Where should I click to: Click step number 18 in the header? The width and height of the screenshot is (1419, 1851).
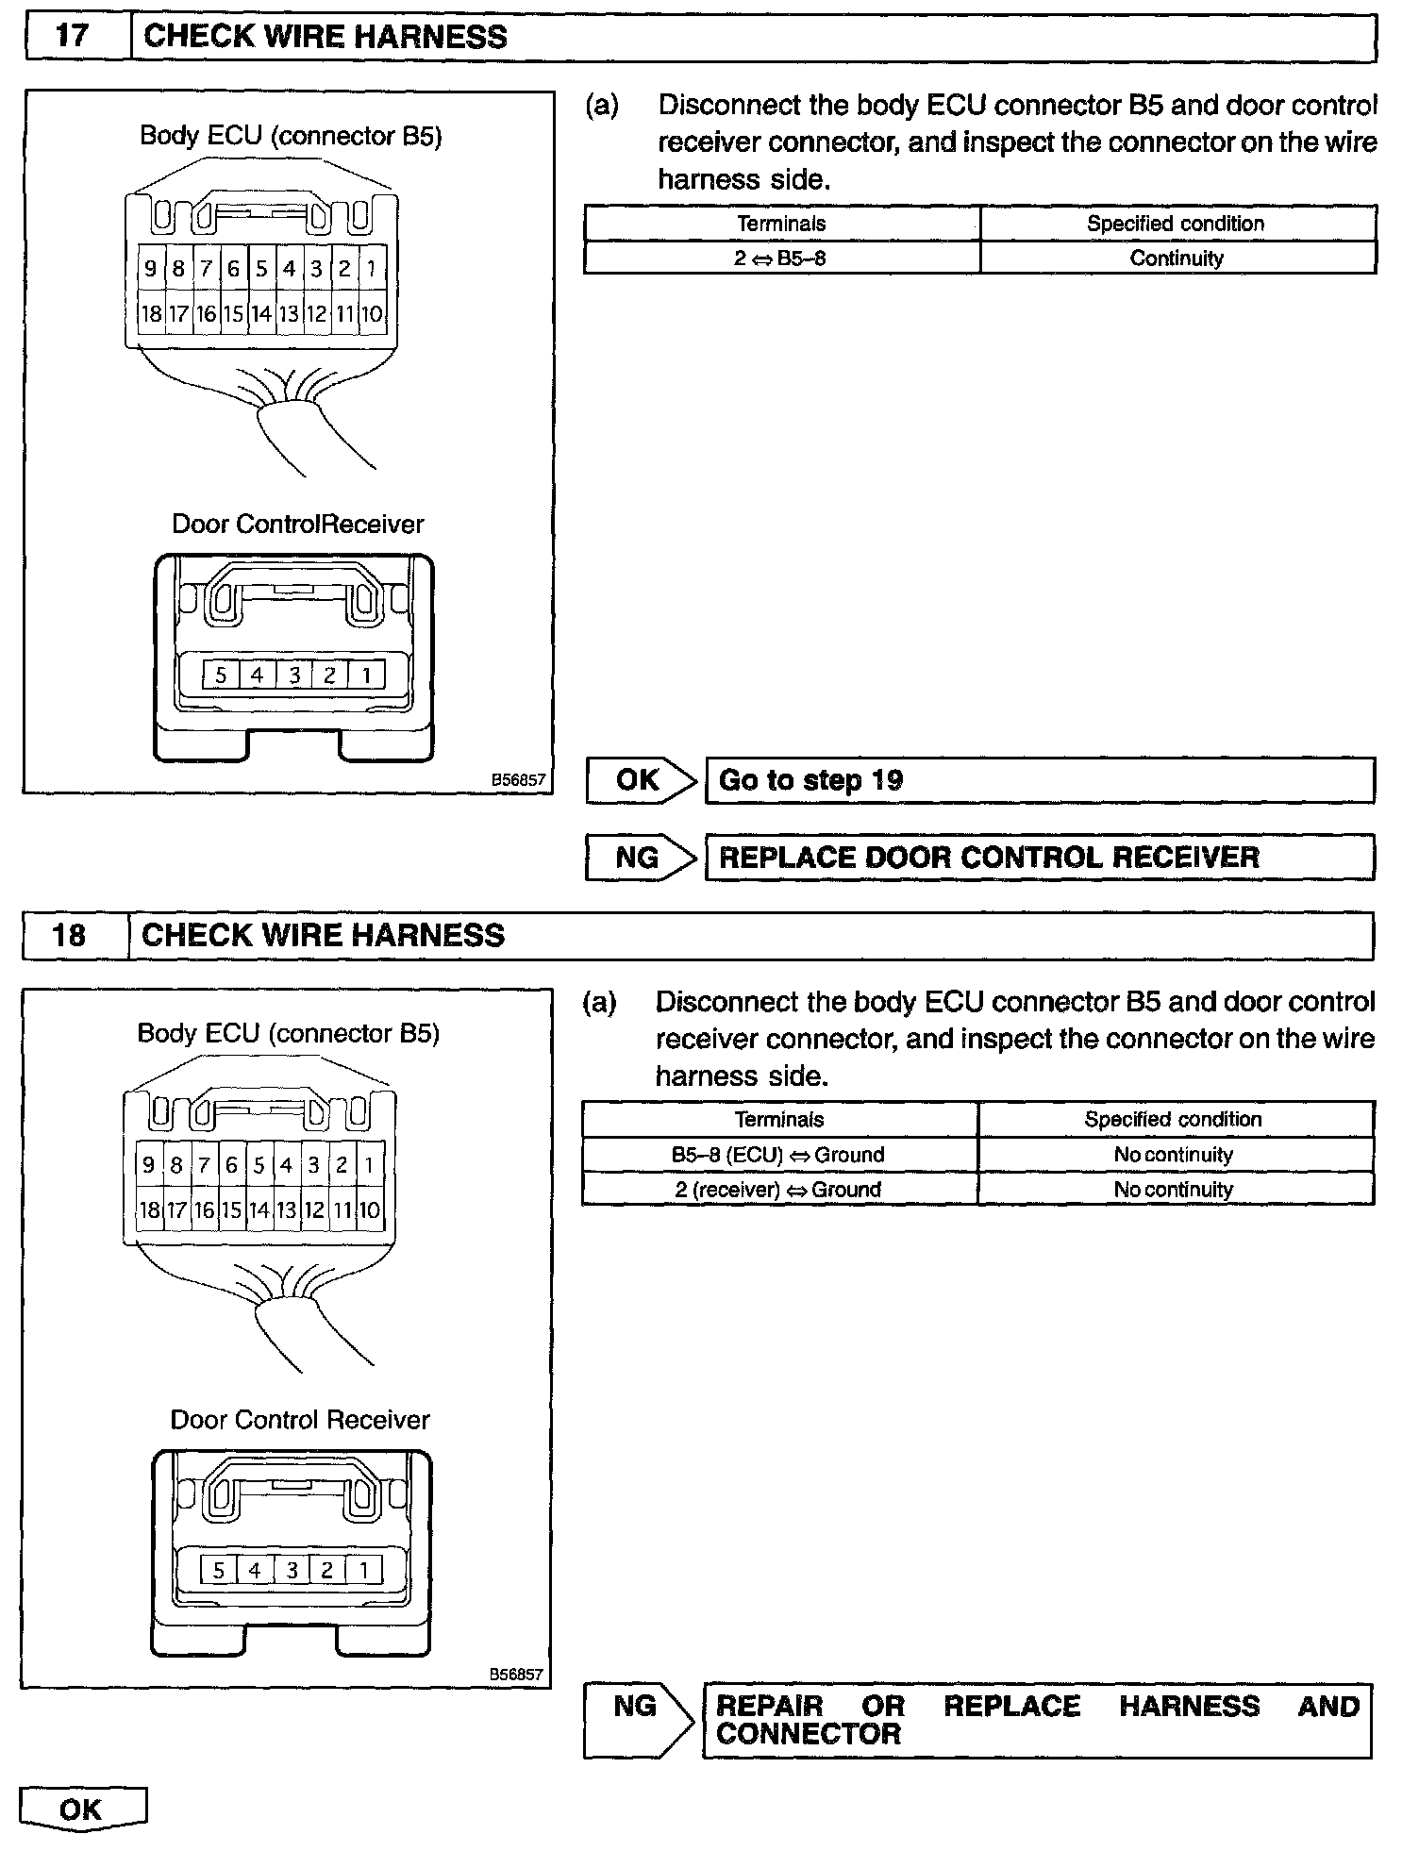click(70, 935)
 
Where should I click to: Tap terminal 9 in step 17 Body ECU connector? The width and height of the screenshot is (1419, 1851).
click(149, 269)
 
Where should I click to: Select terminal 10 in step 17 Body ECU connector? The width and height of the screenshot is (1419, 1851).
click(372, 314)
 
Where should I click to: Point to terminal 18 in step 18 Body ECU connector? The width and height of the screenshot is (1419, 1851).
click(149, 1209)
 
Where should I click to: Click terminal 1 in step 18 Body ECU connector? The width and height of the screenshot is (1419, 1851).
click(369, 1165)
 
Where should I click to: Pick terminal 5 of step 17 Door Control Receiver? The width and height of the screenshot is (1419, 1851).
click(221, 675)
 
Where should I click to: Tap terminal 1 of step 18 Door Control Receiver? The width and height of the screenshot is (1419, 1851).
click(363, 1571)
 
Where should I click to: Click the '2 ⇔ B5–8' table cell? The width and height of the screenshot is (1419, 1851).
click(781, 258)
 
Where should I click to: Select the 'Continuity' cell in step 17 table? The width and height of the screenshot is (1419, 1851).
click(1177, 258)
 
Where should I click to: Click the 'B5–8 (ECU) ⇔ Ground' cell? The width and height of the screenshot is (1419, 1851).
click(778, 1155)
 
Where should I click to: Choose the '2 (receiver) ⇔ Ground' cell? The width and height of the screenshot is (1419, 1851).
click(778, 1190)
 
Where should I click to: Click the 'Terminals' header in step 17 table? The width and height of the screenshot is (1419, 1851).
click(781, 224)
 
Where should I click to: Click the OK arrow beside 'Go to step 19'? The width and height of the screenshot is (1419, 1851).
click(640, 780)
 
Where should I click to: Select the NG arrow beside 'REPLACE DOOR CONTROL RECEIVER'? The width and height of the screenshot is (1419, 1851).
click(640, 858)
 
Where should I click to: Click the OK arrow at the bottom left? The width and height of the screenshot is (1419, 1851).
click(82, 1809)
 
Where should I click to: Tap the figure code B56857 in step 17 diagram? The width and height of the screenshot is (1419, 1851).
click(518, 780)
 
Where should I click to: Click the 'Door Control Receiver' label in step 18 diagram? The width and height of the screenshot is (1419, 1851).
click(299, 1421)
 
